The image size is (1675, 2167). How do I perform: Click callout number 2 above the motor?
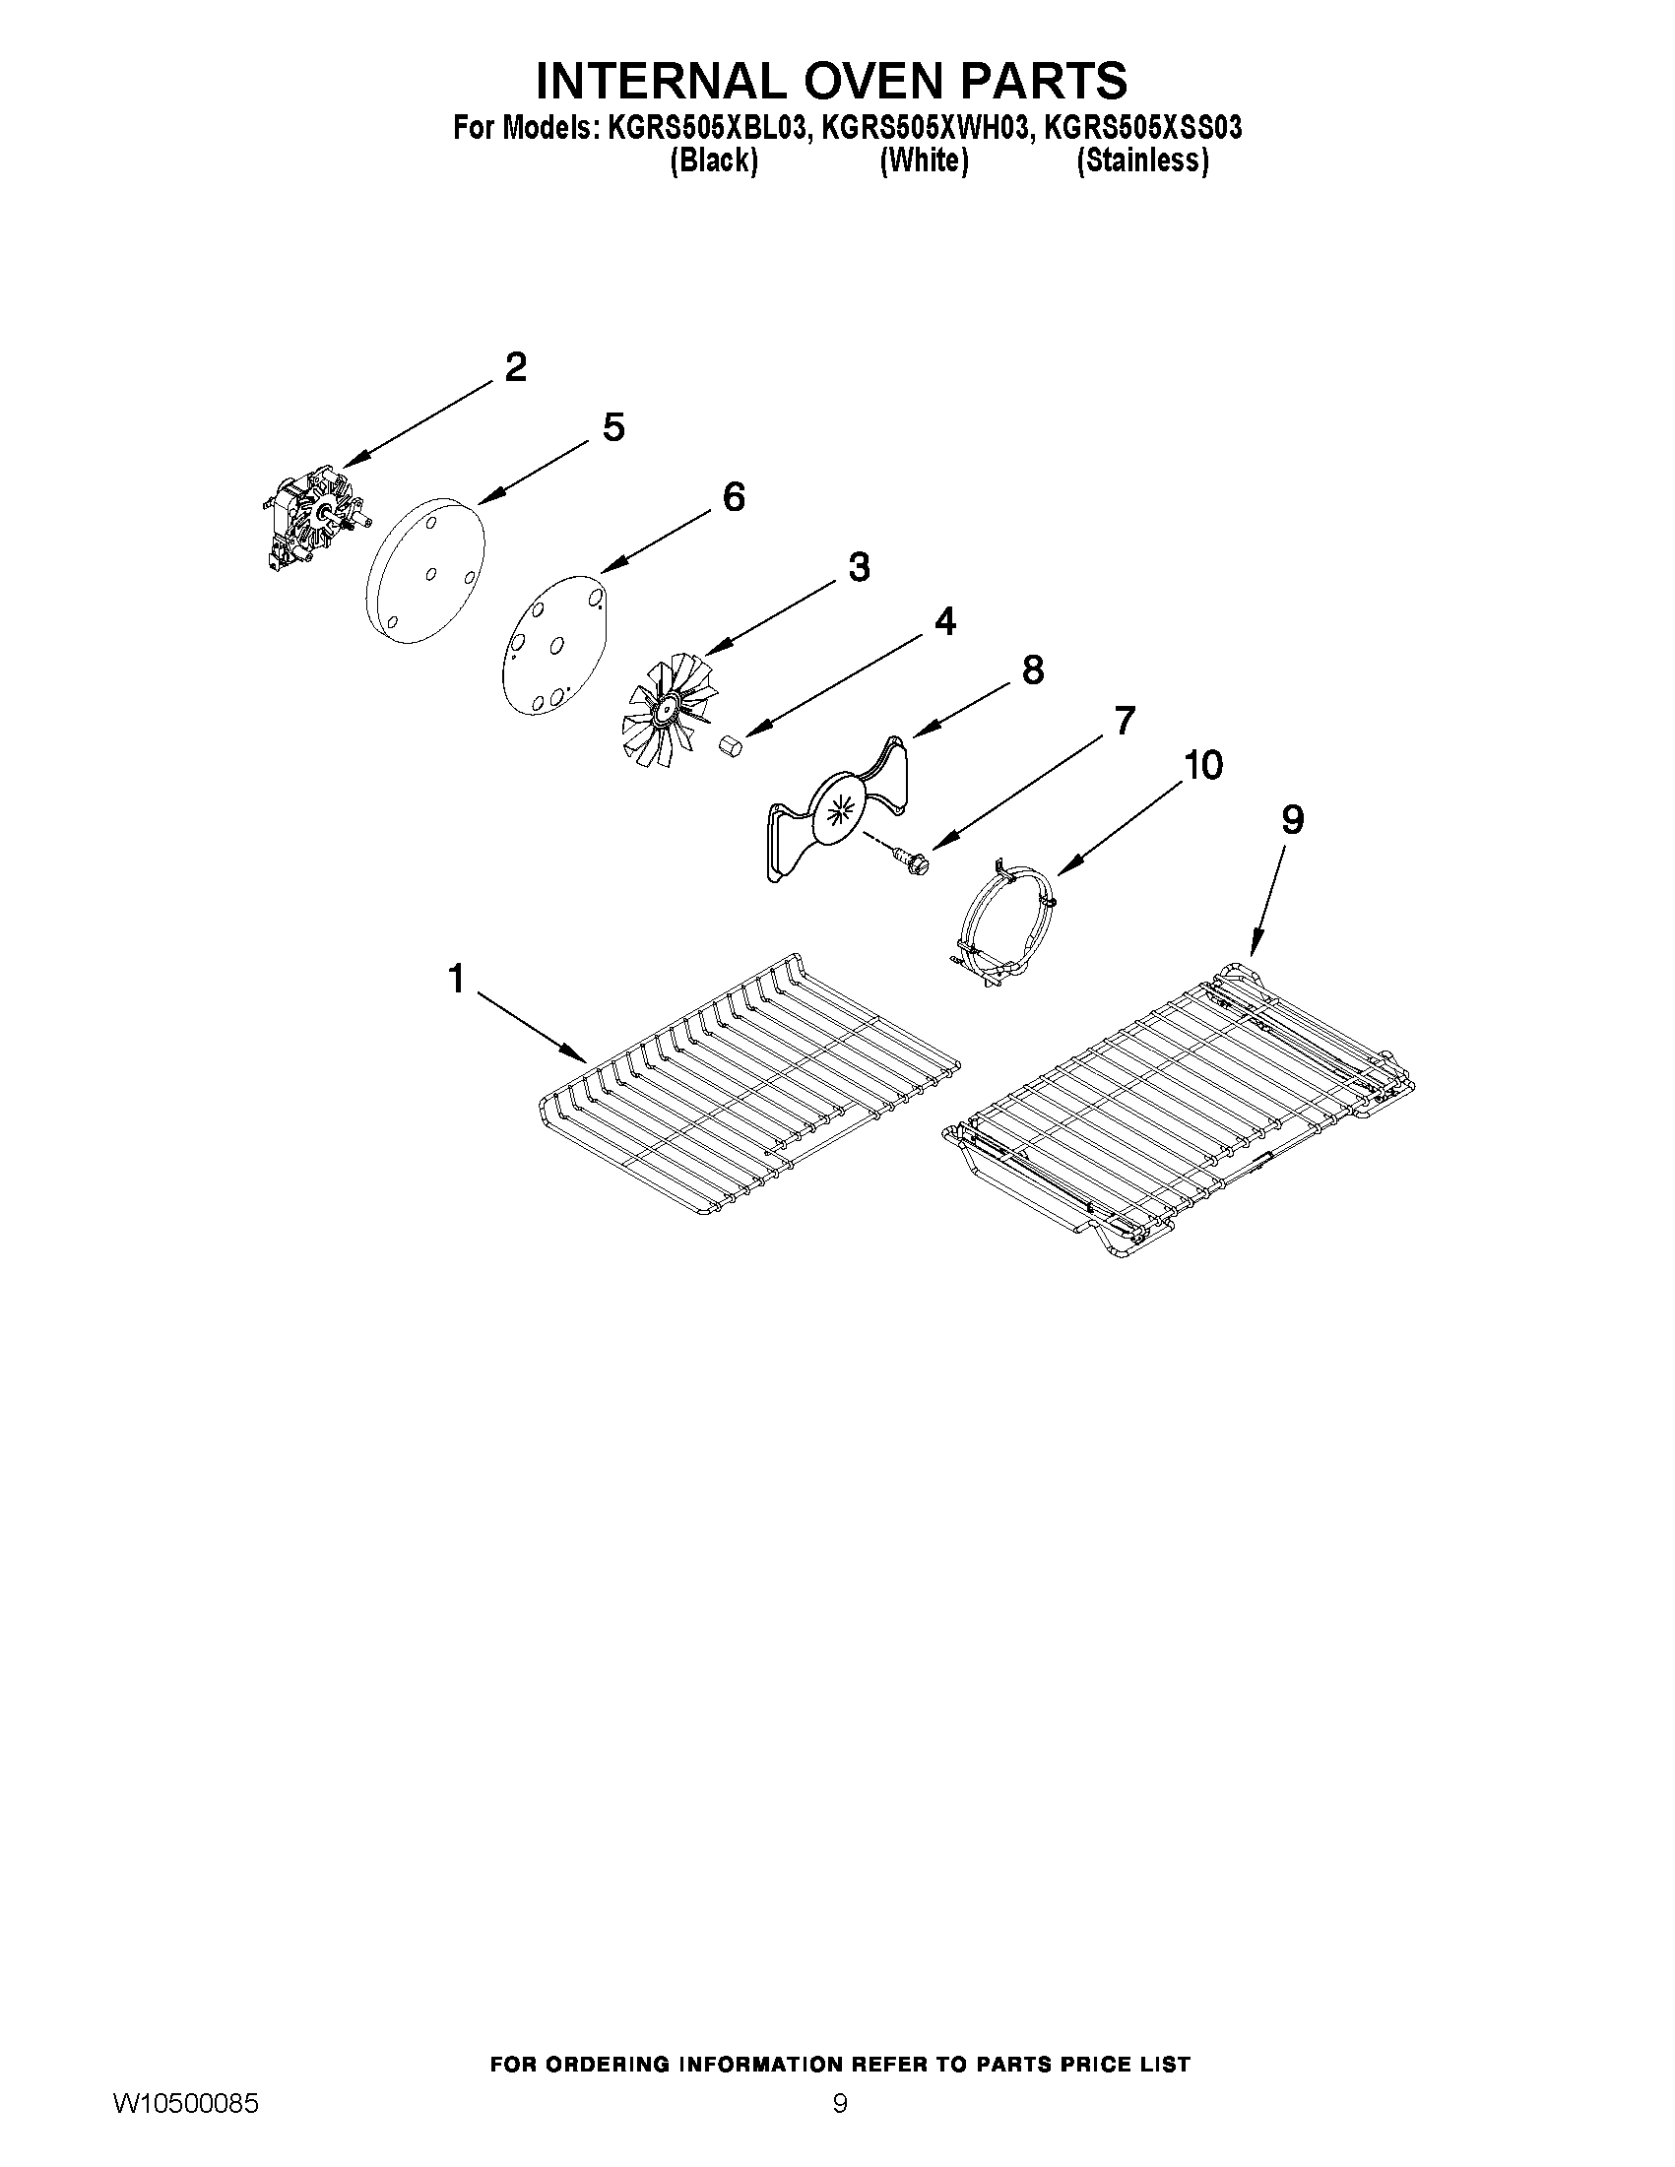pos(515,367)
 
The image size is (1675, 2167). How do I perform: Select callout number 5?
pos(613,427)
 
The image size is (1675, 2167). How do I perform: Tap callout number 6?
pos(734,496)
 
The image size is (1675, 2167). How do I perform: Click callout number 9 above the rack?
pos(1292,819)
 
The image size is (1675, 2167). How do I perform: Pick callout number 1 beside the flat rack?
pos(456,980)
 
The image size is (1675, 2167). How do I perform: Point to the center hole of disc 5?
pos(431,573)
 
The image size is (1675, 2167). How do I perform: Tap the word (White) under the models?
pos(924,160)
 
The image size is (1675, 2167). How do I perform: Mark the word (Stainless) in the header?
pos(1143,160)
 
